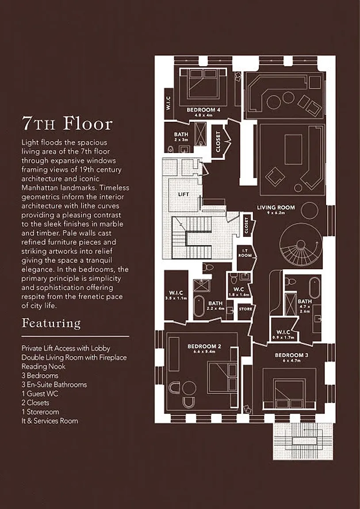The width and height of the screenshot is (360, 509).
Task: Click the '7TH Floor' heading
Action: click(x=67, y=124)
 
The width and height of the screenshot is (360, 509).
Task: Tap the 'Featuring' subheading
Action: click(x=51, y=323)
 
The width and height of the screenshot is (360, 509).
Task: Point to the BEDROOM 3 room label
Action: click(x=289, y=355)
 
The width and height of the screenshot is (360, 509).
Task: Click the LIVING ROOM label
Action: click(x=276, y=207)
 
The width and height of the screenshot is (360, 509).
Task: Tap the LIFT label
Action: click(x=183, y=194)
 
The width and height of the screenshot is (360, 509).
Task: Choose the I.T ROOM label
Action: click(x=245, y=254)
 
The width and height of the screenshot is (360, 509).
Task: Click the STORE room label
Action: click(x=245, y=309)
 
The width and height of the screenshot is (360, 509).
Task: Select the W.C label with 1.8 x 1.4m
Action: click(x=239, y=290)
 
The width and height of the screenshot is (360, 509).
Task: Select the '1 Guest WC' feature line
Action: click(x=40, y=393)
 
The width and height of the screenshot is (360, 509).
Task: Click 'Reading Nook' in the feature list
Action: click(x=43, y=366)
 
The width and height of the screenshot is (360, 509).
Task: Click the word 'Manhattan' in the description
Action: click(x=39, y=188)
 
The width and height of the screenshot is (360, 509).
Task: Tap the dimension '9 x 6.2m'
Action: click(x=276, y=213)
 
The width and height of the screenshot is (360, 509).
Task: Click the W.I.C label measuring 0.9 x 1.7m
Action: click(x=283, y=332)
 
